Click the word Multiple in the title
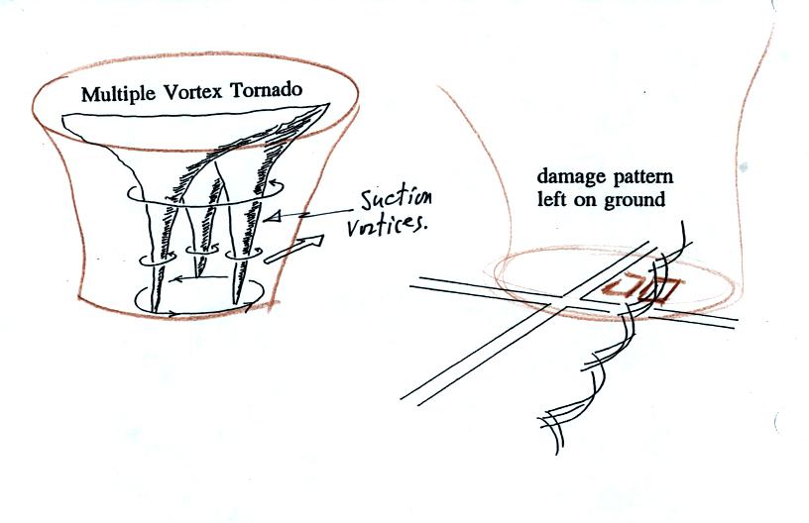[117, 96]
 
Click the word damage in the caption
[566, 177]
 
